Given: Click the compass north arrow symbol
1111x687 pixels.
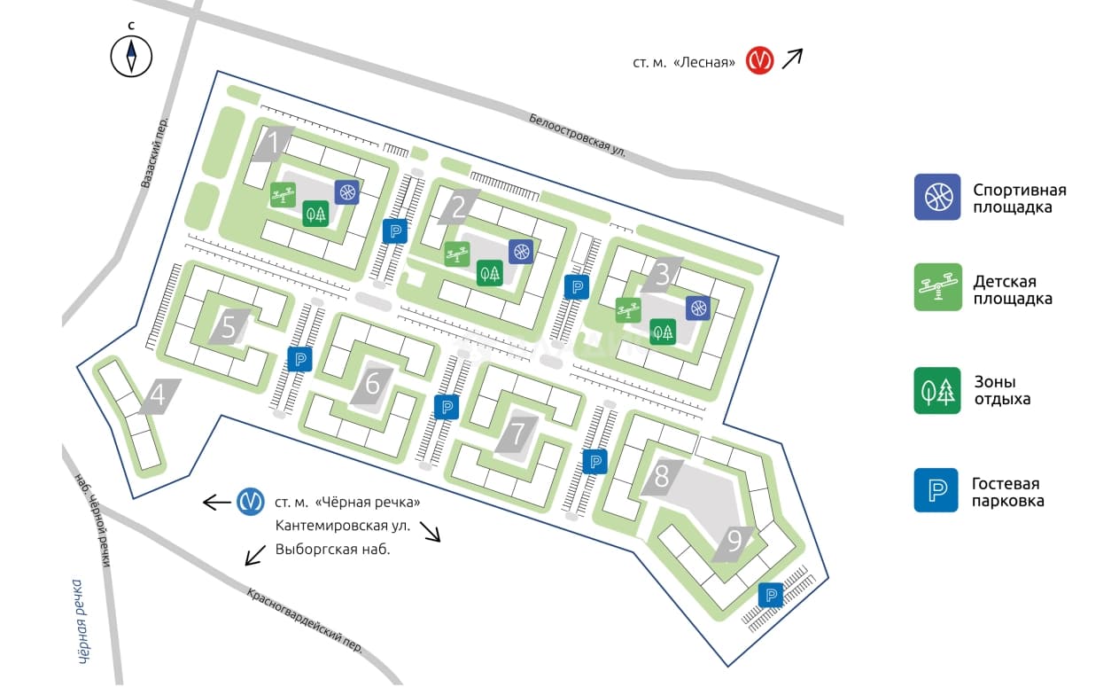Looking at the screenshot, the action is click(x=131, y=56).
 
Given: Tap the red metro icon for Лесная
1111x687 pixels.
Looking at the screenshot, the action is click(x=759, y=60).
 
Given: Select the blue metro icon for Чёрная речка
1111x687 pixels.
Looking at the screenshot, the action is click(x=251, y=502).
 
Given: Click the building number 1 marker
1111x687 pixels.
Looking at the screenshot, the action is click(x=273, y=144).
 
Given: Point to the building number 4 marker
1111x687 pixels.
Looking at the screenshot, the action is click(x=159, y=396).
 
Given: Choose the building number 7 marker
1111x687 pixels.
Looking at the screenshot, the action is click(x=517, y=435).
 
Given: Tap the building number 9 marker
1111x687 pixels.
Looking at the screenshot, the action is click(x=734, y=544).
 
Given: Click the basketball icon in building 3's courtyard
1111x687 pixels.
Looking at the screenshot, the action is click(x=698, y=308).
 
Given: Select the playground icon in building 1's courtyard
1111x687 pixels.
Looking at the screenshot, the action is click(x=284, y=195).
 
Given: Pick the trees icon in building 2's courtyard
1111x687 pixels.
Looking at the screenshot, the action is click(x=490, y=273).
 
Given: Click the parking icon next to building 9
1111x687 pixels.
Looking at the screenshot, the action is click(x=771, y=595).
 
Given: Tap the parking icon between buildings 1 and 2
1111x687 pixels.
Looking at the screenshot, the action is click(x=395, y=231).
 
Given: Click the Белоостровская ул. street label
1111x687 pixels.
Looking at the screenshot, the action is click(x=577, y=135).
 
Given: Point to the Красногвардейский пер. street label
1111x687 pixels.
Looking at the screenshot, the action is click(x=305, y=621).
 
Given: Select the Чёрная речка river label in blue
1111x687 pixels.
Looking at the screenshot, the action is click(x=82, y=621).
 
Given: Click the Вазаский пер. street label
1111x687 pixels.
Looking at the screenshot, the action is click(x=154, y=152).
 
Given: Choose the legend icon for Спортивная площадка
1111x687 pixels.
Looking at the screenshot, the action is click(x=937, y=197).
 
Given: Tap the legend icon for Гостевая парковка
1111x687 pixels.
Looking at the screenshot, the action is click(x=936, y=490).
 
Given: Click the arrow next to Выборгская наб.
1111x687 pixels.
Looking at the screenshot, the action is click(x=255, y=555).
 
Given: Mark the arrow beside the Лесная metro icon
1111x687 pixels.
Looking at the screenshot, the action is click(x=792, y=59).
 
